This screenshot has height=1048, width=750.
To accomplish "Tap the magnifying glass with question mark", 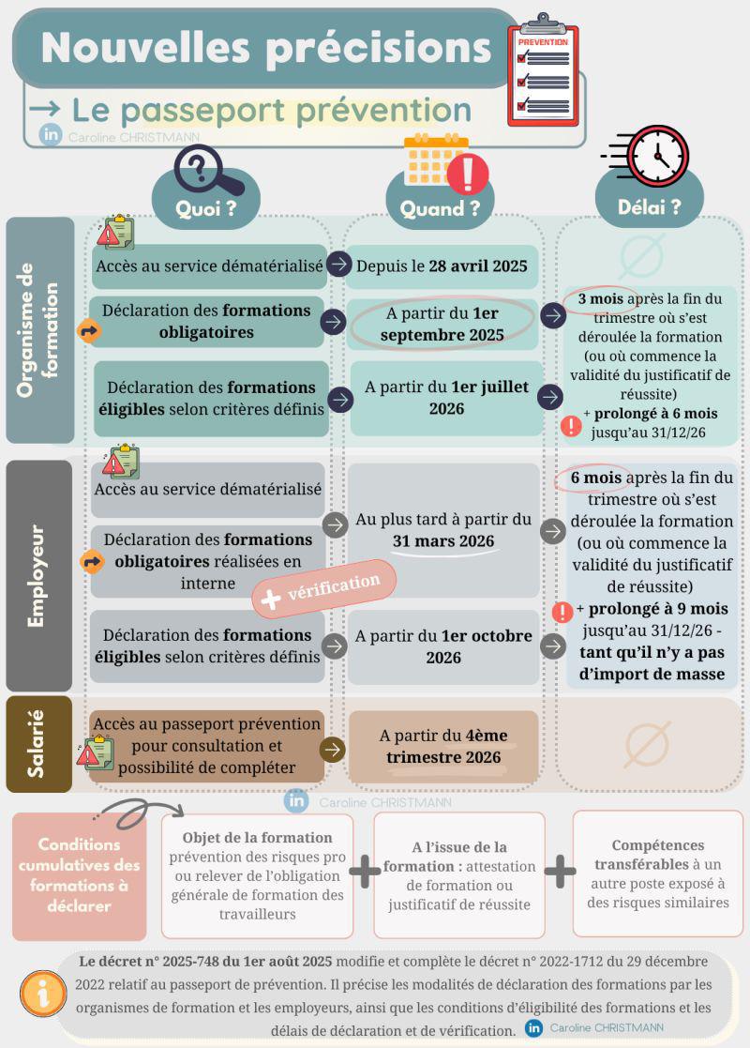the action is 208,170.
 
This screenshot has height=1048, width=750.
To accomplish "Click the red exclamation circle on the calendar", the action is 468,174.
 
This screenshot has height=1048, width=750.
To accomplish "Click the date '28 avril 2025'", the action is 478,266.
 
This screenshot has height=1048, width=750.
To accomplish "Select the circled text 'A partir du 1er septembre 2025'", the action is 442,325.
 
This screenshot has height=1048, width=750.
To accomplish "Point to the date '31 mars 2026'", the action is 443,540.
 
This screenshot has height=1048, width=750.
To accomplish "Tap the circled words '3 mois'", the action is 600,299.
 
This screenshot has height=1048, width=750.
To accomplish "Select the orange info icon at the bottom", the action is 43,994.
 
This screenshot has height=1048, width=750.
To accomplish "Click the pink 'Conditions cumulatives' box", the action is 80,875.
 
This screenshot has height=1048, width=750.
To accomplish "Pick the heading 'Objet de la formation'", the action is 257,838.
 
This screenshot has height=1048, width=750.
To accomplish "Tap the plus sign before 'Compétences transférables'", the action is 560,872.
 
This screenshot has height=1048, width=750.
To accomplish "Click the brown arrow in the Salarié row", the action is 333,750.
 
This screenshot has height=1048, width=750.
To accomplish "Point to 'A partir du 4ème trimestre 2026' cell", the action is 443,747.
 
